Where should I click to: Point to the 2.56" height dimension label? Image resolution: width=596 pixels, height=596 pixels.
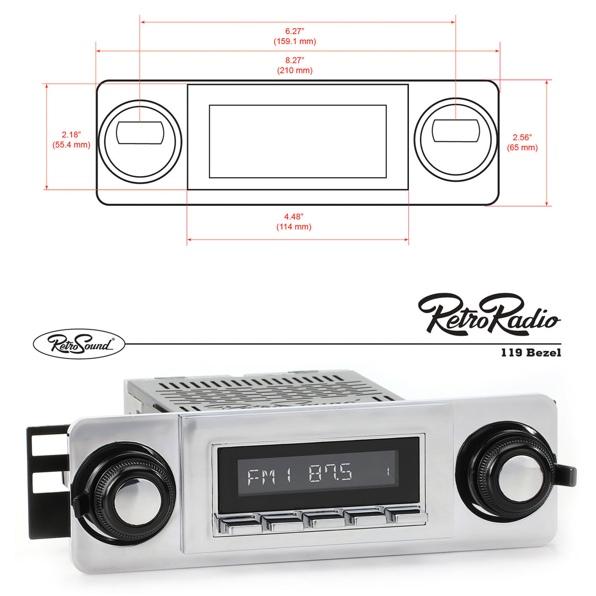point(522,137)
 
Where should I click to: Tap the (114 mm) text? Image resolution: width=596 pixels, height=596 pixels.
point(294,227)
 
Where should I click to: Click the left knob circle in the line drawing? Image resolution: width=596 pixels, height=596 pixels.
point(140,141)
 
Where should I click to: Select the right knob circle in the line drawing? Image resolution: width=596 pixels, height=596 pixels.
point(455,139)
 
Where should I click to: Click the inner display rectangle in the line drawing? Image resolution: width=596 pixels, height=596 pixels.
point(297,141)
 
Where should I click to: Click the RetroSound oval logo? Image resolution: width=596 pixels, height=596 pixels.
point(79,344)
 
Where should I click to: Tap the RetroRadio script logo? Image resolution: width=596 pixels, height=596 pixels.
point(489,314)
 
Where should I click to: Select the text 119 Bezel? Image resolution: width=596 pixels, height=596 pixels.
point(531,353)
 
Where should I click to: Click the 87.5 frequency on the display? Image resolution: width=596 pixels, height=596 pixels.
point(331,474)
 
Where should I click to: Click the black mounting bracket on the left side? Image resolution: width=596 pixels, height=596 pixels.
point(47,480)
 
